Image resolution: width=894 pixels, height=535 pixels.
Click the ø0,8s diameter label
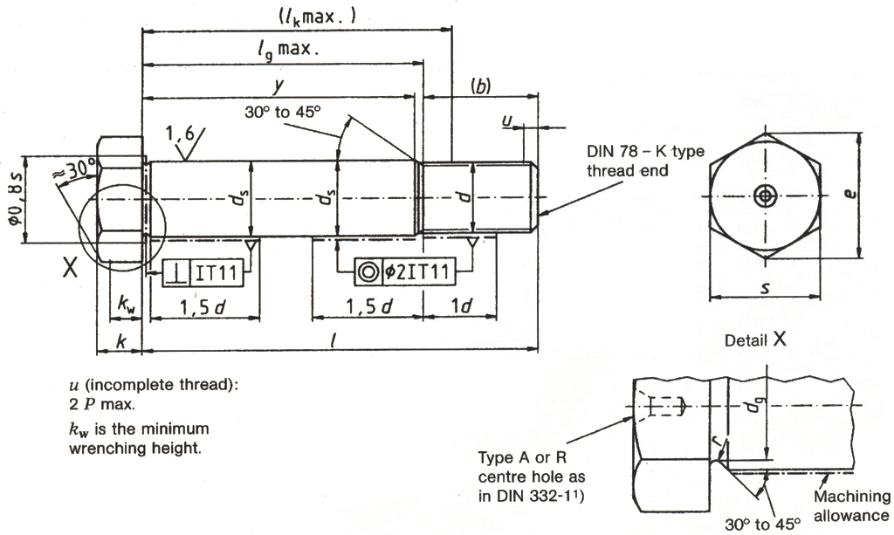[12, 201]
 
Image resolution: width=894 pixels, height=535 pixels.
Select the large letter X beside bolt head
[70, 267]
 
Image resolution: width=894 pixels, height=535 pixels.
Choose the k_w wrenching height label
[126, 305]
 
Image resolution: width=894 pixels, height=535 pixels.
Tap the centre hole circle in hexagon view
[766, 195]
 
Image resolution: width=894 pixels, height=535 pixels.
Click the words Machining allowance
[852, 504]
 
